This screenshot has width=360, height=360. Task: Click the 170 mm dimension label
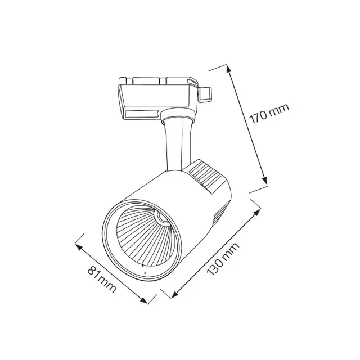[269, 114]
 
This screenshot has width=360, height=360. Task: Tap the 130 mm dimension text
[223, 259]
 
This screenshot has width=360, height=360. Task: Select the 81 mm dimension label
[102, 279]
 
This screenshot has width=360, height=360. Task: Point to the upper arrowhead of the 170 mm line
[228, 69]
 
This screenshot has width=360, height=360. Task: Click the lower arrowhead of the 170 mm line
[265, 180]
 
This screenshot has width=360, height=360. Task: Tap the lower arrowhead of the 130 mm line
[175, 294]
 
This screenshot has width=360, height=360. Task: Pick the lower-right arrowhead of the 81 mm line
[144, 300]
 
